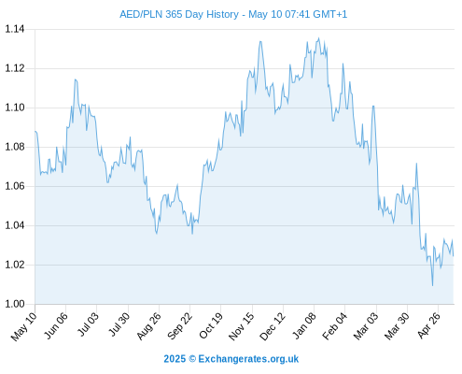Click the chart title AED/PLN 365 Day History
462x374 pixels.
pos(179,14)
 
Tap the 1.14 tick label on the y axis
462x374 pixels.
pos(14,29)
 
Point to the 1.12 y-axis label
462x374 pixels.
pos(14,68)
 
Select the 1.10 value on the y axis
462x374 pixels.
pos(14,108)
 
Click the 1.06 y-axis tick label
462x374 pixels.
pos(14,186)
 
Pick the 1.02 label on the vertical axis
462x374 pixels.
pos(14,265)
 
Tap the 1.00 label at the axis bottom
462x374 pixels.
pos(14,304)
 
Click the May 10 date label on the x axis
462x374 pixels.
pos(23,326)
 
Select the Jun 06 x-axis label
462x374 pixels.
pos(55,325)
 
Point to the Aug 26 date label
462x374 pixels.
pos(148,325)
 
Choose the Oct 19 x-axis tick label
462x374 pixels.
pos(211,325)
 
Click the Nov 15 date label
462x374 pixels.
pos(241,326)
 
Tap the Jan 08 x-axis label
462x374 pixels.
pos(303,325)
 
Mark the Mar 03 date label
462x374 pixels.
pos(366,325)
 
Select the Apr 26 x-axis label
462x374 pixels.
pos(428,325)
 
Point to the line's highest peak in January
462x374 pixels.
pos(318,38)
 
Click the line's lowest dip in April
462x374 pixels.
pos(432,285)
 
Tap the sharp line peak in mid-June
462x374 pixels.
pos(76,79)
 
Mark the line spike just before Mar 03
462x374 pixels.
pos(373,106)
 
